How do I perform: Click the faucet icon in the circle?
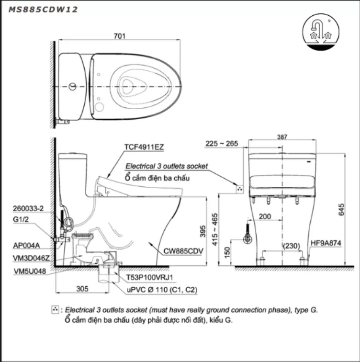point(320,30)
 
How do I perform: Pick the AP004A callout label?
point(26,245)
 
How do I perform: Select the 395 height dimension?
point(202,231)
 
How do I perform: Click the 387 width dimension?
point(282,137)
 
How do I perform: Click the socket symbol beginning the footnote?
point(55,310)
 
